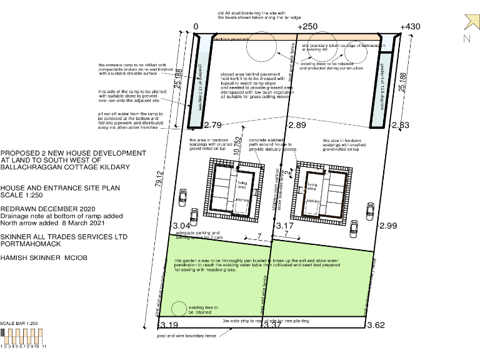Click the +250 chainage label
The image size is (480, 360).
[x=307, y=27]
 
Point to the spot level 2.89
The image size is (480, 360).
[x=297, y=126]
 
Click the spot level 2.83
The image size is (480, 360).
[x=400, y=126]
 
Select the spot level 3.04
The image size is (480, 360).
[x=181, y=226]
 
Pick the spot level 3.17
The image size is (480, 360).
[x=284, y=226]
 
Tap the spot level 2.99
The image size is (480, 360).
[x=388, y=226]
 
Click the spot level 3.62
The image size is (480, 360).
[x=376, y=325]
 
